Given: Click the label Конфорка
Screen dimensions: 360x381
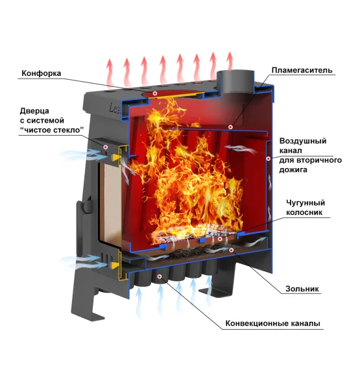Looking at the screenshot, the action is (42, 73).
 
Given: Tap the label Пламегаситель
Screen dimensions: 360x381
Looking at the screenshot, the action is (302, 70).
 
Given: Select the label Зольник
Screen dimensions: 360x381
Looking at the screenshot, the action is (302, 289).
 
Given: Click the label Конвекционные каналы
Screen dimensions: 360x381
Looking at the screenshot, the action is (273, 323).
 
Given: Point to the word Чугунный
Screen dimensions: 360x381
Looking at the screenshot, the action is (306, 203).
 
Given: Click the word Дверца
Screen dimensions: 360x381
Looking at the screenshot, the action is (34, 111).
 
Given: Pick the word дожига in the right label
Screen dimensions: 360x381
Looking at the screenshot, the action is (293, 169).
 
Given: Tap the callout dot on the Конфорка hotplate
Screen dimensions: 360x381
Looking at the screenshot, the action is (155, 93).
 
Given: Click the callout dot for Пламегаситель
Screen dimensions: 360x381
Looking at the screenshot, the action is (230, 127).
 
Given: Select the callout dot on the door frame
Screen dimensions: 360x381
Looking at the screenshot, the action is (105, 147).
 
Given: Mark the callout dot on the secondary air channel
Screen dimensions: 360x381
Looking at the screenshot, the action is (269, 158).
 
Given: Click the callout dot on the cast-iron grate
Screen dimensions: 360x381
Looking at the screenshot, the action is (220, 239).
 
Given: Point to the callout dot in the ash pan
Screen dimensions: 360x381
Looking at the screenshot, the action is (231, 249).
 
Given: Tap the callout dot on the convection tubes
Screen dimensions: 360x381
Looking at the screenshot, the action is (160, 277).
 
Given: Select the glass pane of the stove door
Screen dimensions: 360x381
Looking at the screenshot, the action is (110, 203).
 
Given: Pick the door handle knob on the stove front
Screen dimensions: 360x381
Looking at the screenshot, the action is (86, 207).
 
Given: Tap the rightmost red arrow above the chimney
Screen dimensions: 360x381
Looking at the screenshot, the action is (230, 61).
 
